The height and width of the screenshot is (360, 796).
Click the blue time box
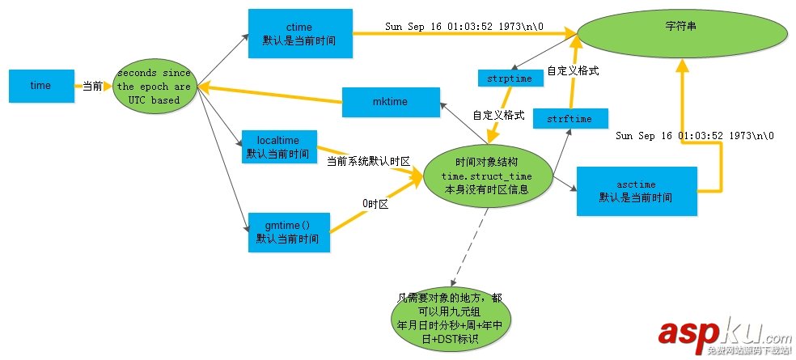(x=40, y=86)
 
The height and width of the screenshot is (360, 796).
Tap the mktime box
(x=391, y=101)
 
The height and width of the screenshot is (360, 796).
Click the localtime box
(x=279, y=146)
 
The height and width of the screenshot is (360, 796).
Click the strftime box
(x=569, y=119)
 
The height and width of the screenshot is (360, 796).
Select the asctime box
(x=636, y=191)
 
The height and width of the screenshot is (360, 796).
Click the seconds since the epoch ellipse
(x=154, y=87)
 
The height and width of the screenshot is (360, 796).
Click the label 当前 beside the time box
(x=92, y=86)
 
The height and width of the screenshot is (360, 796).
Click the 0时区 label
(x=376, y=205)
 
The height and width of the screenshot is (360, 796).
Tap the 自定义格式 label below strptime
(x=499, y=115)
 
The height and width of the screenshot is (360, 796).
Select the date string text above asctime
(x=694, y=136)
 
